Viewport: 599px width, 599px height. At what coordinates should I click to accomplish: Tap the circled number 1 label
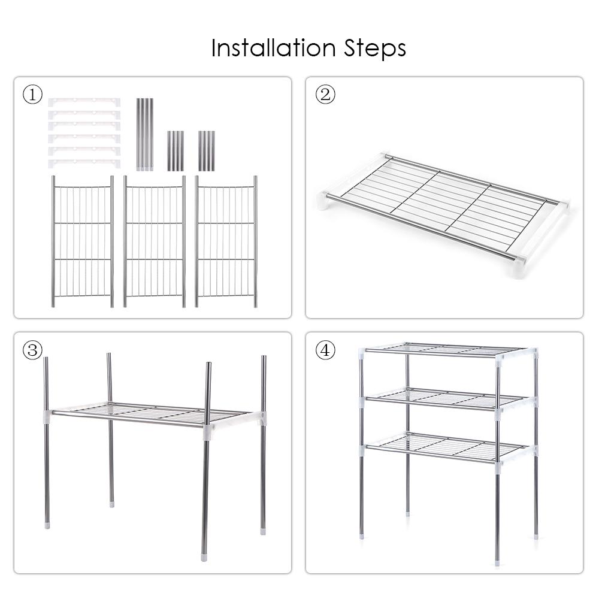[33, 95]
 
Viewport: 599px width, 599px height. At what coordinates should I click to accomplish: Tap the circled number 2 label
[325, 95]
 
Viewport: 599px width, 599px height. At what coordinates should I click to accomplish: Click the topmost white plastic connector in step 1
[84, 102]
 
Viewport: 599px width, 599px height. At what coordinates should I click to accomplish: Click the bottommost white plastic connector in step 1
[84, 163]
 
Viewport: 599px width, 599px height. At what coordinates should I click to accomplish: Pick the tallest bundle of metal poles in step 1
[144, 134]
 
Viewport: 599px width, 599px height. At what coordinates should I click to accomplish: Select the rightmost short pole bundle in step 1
[206, 150]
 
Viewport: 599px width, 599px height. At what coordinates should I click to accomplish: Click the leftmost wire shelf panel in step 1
[82, 241]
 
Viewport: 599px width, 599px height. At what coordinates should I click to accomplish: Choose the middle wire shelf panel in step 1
[154, 241]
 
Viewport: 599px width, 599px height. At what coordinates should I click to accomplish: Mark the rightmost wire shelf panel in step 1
[226, 241]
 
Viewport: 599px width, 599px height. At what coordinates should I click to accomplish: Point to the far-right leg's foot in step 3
[263, 530]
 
